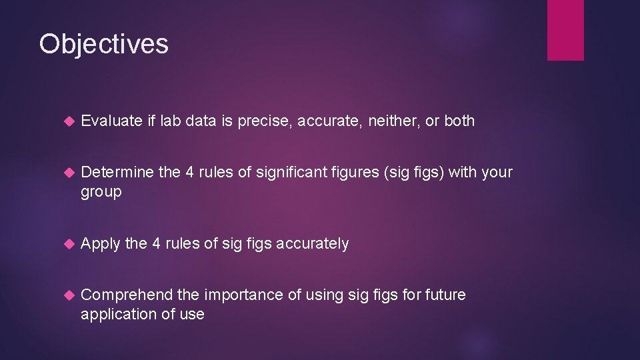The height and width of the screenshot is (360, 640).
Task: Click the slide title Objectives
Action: (103, 44)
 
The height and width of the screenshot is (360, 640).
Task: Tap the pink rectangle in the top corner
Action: (565, 30)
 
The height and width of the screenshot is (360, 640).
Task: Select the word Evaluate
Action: (111, 121)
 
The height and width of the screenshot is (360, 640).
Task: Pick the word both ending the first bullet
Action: (459, 121)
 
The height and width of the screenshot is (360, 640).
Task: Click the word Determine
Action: (117, 172)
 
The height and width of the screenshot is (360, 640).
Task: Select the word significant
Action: (291, 172)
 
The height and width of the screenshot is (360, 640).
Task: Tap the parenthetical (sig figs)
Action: (406, 173)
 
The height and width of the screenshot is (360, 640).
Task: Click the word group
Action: (101, 192)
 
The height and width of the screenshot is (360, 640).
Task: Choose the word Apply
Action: (100, 244)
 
